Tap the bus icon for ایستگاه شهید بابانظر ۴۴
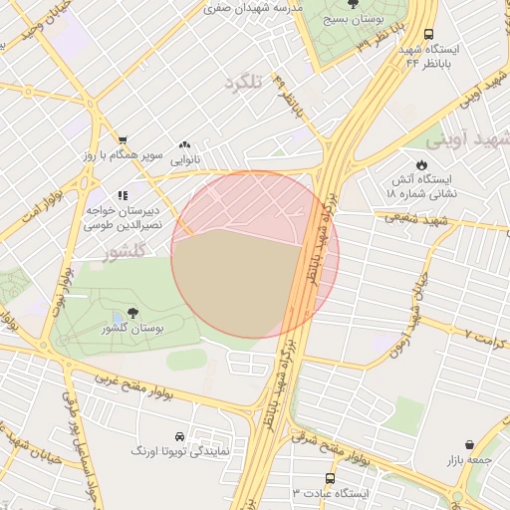428,34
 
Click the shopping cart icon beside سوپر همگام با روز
122,140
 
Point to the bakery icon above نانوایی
183,144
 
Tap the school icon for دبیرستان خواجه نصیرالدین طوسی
122,196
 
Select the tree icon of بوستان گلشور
132,313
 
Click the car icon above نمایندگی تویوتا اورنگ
179,436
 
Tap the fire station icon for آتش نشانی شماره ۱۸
419,165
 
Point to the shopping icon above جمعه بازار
469,445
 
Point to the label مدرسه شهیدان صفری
253,7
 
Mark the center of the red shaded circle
255,254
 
